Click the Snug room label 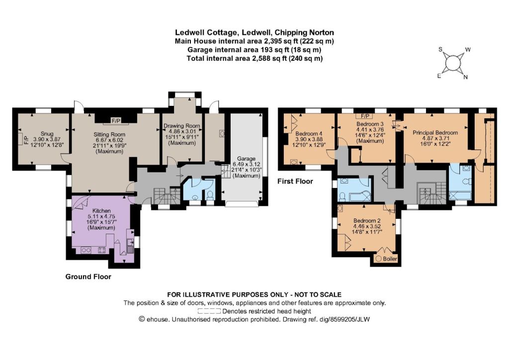[47, 134]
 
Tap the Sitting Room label [109, 134]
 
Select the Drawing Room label [182, 126]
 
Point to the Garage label [246, 159]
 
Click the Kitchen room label [101, 211]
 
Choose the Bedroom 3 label [370, 124]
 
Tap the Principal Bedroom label [435, 132]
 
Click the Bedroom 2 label [367, 221]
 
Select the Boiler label [390, 259]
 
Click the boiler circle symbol [378, 259]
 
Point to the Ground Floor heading [88, 276]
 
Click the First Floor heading [295, 181]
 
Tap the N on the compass [465, 77]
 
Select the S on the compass [440, 49]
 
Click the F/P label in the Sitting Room [116, 121]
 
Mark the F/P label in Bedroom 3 [364, 116]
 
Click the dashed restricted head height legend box [209, 311]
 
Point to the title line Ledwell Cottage [254, 32]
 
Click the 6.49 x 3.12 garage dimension [246, 165]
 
